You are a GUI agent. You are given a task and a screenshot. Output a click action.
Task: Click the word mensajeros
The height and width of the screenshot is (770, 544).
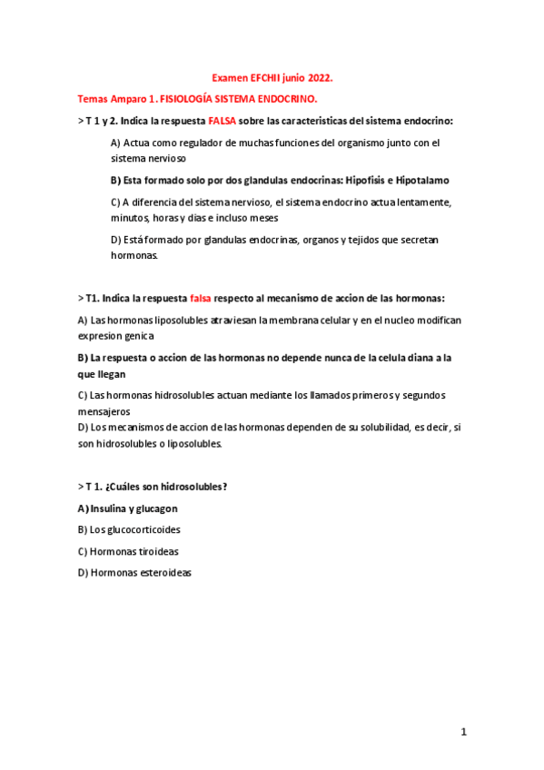pos(105,411)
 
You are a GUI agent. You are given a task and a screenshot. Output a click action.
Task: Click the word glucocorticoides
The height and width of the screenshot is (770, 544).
pos(135,529)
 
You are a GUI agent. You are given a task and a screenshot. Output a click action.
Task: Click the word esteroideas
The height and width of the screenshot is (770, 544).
pos(162,573)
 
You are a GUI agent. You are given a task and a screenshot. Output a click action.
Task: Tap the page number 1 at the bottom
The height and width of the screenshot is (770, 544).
pos(463,732)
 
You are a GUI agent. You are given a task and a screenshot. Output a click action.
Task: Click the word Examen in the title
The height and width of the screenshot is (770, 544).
pos(231,79)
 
